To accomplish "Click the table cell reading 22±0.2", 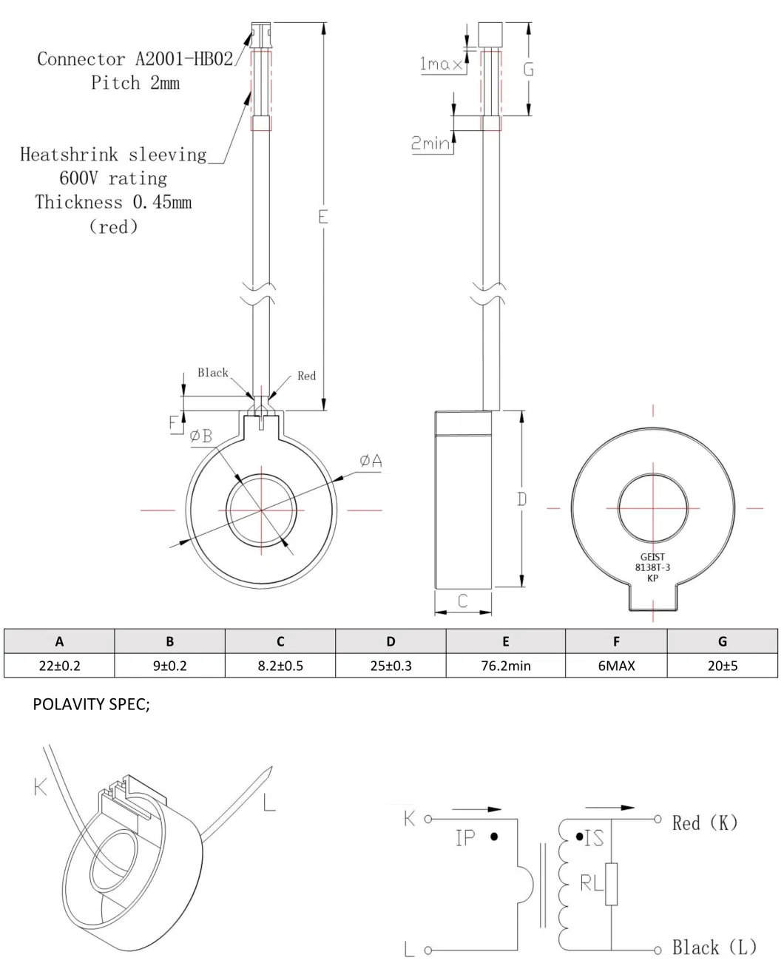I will [59, 665].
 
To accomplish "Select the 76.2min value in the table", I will [505, 665].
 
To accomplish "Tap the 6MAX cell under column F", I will [616, 665].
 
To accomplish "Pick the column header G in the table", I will [722, 641].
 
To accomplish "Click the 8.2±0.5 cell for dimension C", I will [280, 665].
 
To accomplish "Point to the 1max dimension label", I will [441, 64].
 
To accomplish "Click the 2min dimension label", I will [430, 143].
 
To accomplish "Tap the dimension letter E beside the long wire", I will [322, 217].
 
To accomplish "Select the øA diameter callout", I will [371, 461].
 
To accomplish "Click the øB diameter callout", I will [200, 436].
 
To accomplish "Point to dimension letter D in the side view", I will [521, 499].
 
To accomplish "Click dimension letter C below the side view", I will [463, 601].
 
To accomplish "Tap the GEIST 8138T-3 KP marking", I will [652, 568].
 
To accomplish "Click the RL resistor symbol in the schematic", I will [611, 883].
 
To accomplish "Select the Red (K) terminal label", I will [704, 822].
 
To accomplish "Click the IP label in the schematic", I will [464, 838].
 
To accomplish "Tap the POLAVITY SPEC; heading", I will [91, 705].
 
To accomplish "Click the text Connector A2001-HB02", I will [135, 58].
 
